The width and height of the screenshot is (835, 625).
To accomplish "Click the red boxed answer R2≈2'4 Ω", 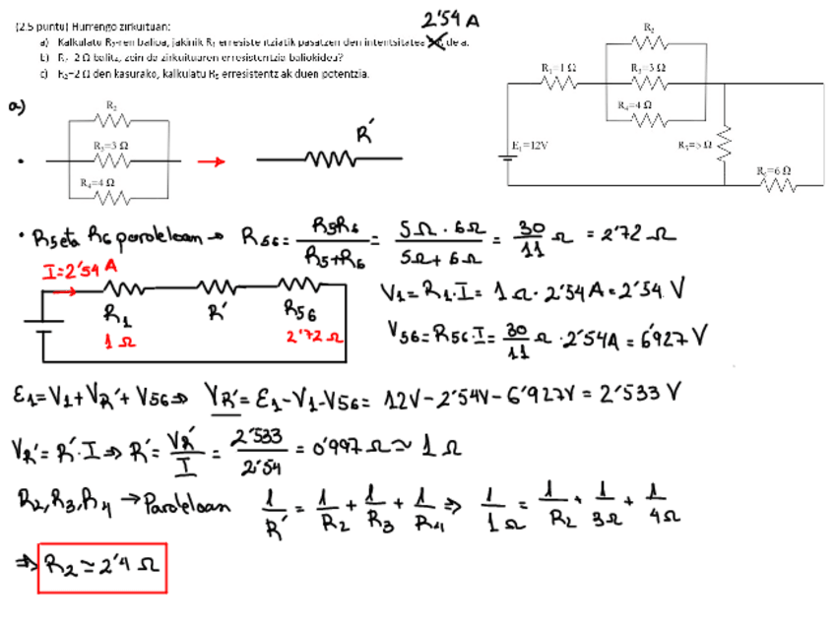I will click(x=102, y=568).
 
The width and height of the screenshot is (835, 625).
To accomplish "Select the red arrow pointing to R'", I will click(x=212, y=162).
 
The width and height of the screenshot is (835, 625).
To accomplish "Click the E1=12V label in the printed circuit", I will click(x=530, y=145).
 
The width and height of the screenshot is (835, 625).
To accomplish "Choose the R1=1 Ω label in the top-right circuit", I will click(x=558, y=67).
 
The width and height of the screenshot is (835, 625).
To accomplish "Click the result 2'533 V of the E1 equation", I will click(x=641, y=394).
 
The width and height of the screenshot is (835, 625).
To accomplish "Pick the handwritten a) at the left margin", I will click(x=17, y=107).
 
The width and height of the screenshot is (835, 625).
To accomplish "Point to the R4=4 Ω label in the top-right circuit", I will click(x=634, y=104).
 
